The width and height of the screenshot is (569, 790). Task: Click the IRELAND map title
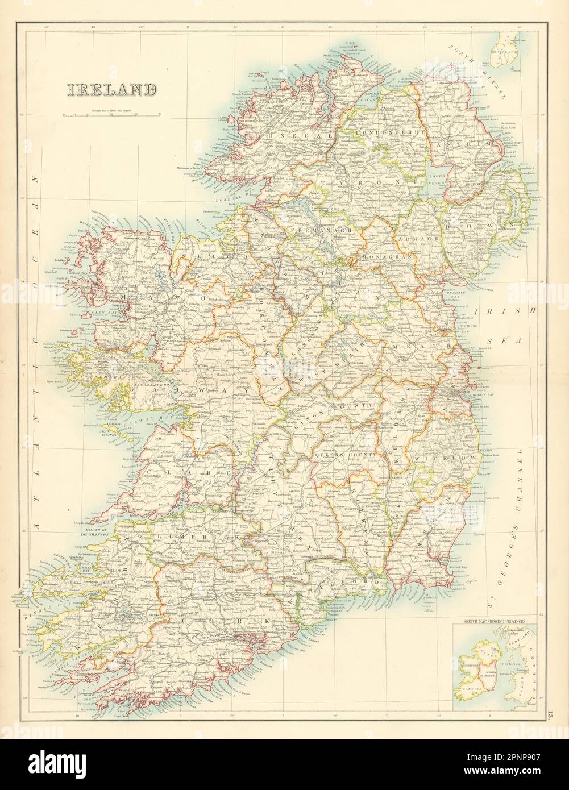pyautogui.click(x=112, y=90)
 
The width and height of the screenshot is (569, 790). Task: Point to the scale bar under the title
pyautogui.click(x=112, y=115)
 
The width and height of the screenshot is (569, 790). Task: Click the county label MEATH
pyautogui.click(x=421, y=345)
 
